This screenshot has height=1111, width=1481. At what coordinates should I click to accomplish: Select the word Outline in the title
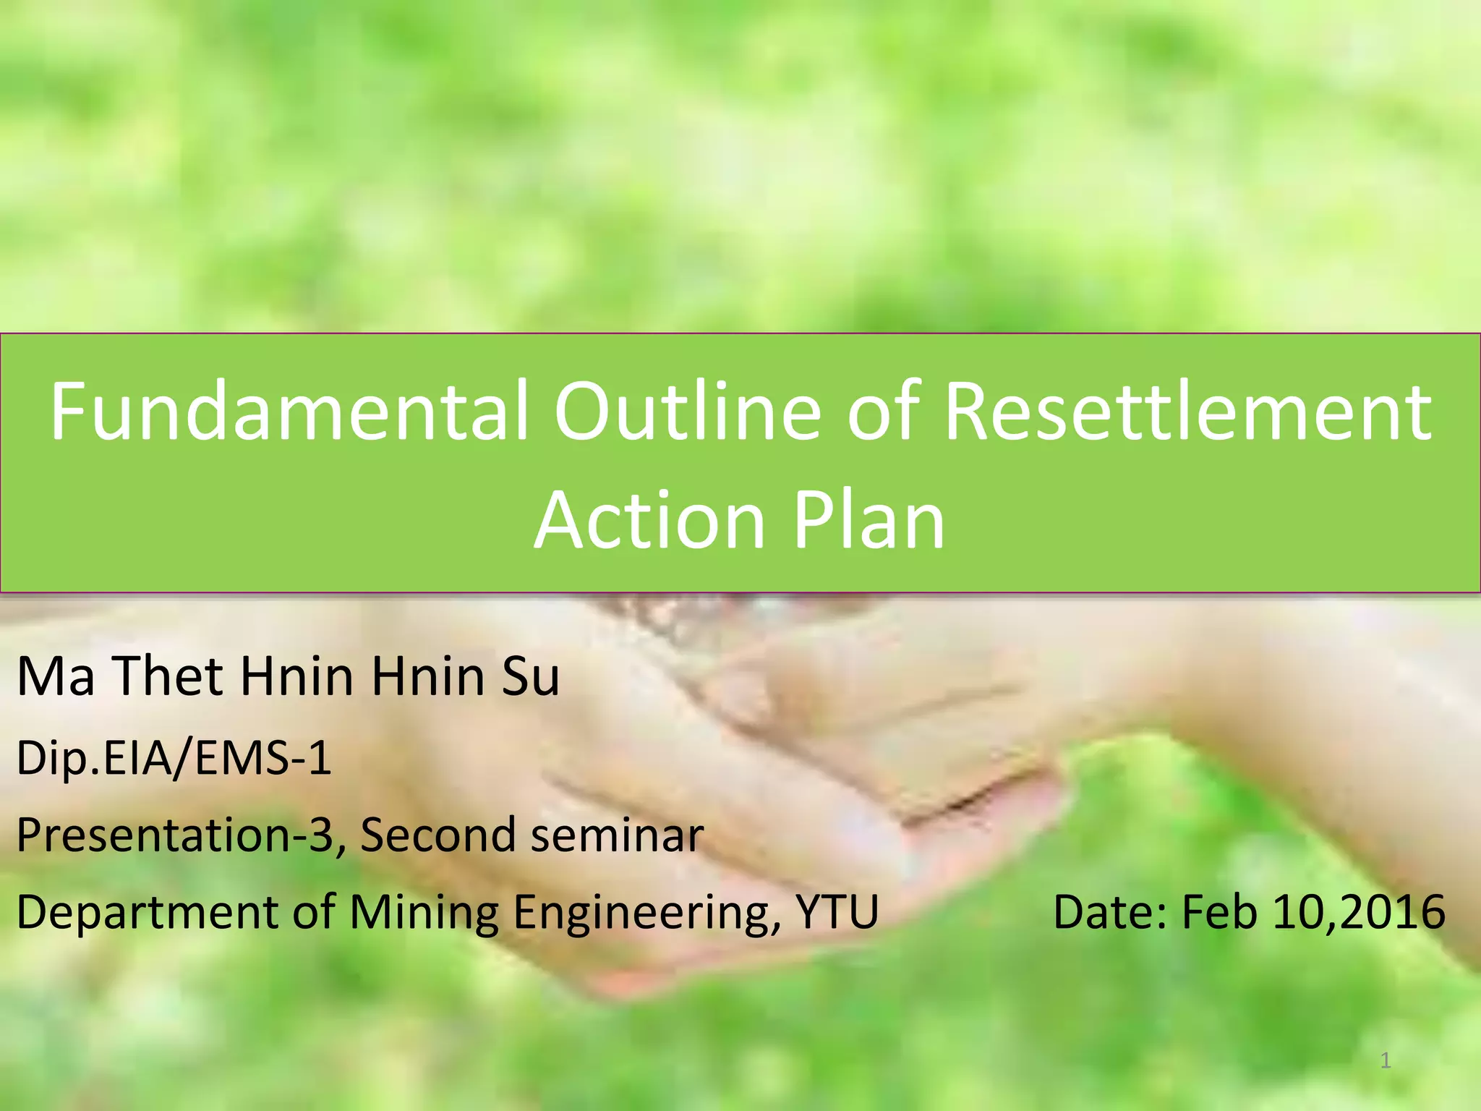click(688, 411)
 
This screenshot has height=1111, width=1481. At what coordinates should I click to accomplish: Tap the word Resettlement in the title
click(1188, 411)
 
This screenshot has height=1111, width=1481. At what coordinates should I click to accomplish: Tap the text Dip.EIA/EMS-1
click(174, 758)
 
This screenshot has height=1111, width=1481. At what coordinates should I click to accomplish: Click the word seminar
click(617, 834)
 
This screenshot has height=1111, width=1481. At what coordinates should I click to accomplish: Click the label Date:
click(1110, 911)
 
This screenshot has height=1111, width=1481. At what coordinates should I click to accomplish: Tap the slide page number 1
click(1386, 1061)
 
